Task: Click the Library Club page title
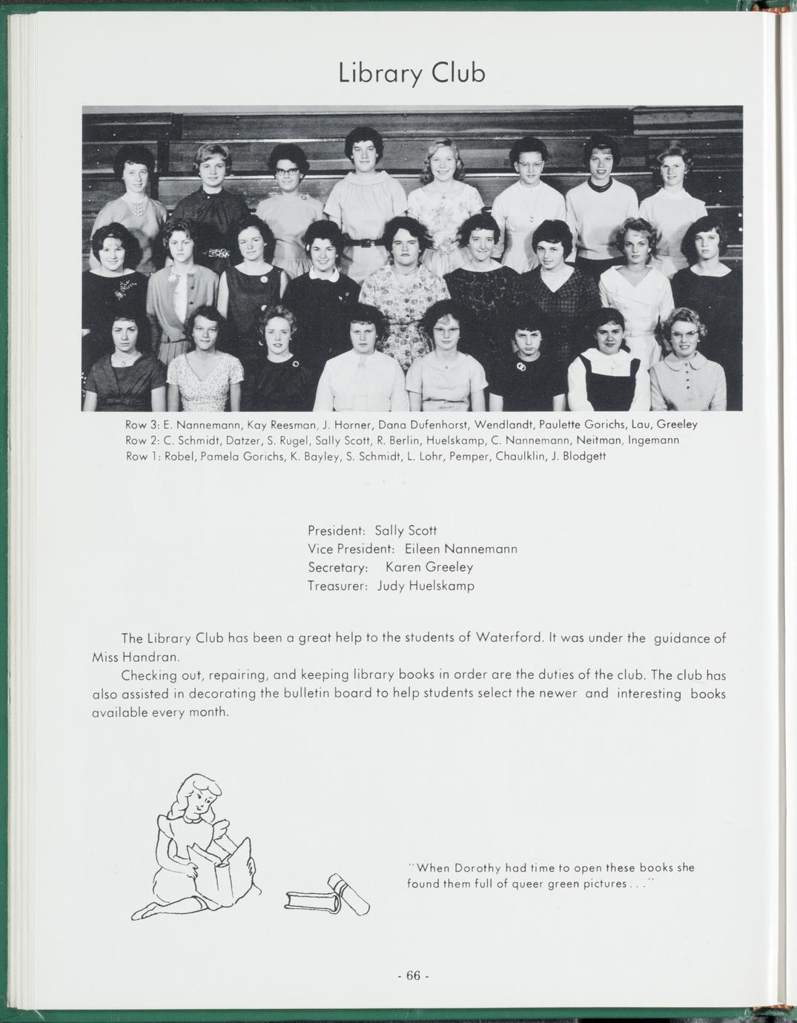coord(411,73)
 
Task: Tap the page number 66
coord(413,976)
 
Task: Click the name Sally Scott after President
coord(406,531)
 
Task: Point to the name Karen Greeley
coord(429,567)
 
